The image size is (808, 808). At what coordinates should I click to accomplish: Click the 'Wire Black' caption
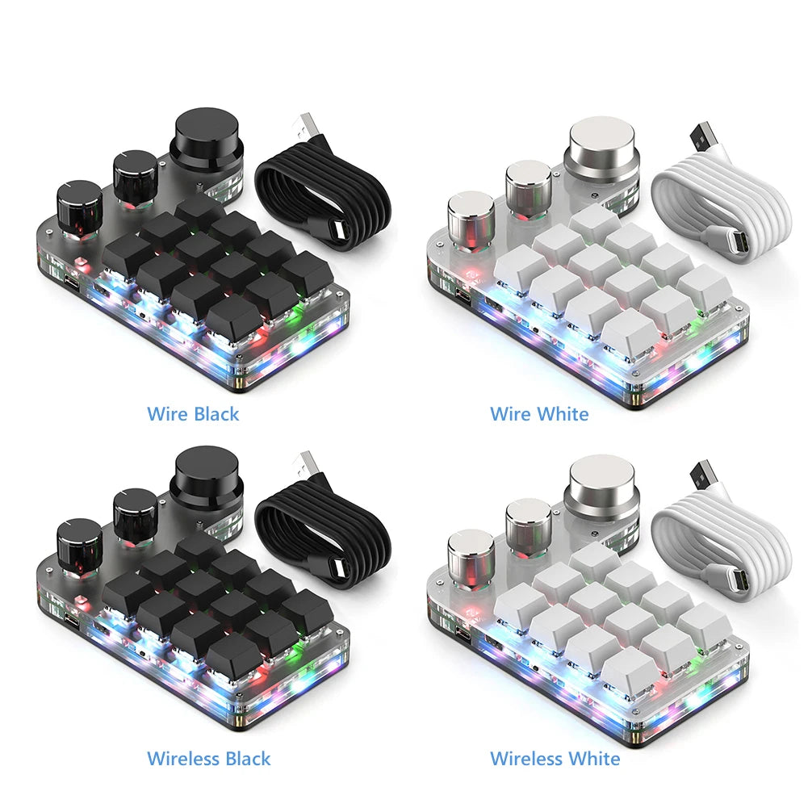tap(193, 414)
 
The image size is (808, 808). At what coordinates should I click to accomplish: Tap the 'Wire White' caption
tap(539, 414)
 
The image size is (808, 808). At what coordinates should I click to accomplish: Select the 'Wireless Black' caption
tap(208, 758)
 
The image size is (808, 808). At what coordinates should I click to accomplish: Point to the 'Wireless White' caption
tap(555, 758)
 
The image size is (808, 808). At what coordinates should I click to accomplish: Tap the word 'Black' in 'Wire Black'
tap(216, 414)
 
